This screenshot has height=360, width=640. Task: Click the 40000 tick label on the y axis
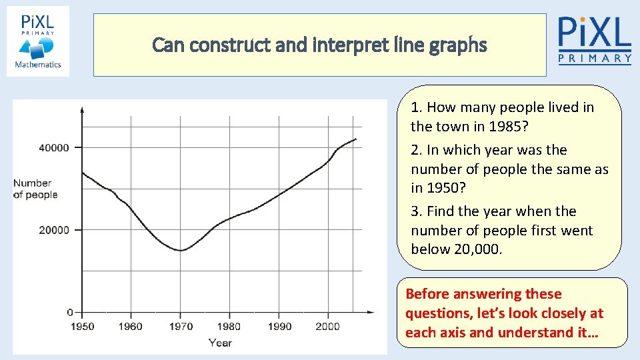click(x=54, y=147)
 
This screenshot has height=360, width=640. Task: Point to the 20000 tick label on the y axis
click(x=54, y=230)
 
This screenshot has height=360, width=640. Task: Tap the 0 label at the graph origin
click(x=70, y=312)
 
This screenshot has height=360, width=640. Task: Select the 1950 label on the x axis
click(x=82, y=327)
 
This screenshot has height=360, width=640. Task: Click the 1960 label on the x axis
click(x=131, y=327)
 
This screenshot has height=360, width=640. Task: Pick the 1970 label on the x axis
click(x=181, y=327)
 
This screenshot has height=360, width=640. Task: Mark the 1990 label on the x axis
click(x=280, y=327)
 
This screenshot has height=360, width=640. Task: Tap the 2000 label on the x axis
click(x=328, y=327)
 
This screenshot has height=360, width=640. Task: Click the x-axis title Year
click(x=220, y=343)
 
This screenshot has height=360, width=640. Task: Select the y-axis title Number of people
click(x=35, y=189)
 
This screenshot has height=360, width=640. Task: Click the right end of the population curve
click(x=356, y=139)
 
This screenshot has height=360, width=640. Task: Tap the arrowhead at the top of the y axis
click(x=82, y=109)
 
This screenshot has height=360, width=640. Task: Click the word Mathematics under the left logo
click(x=38, y=65)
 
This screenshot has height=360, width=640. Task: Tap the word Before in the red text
click(x=427, y=294)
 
